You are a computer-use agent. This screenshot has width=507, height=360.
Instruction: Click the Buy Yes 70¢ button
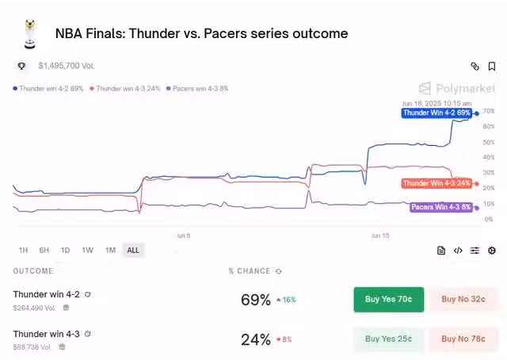388,299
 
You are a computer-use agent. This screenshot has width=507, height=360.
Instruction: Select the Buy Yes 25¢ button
388,339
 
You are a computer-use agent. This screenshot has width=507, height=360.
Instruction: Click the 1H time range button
23,250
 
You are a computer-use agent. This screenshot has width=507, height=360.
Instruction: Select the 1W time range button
87,250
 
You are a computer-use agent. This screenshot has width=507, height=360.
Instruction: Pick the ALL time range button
133,250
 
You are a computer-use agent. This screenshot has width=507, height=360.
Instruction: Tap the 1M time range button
110,250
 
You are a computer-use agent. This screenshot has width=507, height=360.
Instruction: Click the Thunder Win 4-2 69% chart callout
436,113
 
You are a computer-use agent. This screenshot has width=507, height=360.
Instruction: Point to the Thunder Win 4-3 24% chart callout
436,183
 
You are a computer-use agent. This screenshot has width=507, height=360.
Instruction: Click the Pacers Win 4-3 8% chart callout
440,207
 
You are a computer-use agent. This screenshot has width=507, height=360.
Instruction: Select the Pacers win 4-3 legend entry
197,89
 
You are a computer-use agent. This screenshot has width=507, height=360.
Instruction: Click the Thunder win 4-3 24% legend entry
125,89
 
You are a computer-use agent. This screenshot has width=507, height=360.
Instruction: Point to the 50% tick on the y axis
488,142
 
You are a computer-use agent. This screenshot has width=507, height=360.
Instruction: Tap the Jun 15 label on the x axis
380,236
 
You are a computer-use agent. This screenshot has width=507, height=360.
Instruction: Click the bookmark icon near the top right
492,67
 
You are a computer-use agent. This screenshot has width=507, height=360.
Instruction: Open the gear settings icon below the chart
492,251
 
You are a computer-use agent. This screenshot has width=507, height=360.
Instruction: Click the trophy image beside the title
29,33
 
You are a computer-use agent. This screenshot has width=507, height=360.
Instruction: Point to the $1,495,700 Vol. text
67,66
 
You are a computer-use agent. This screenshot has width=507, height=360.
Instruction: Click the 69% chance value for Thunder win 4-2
256,300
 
